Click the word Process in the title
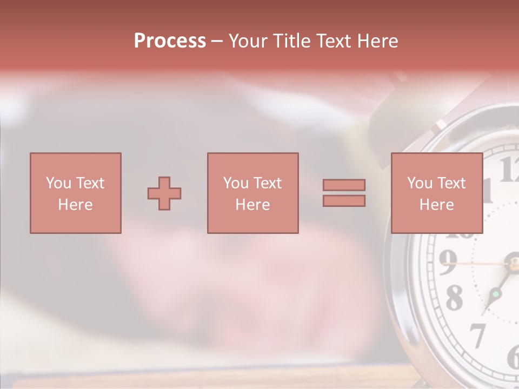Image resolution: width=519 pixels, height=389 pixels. point(170,41)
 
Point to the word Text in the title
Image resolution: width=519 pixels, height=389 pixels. point(334,41)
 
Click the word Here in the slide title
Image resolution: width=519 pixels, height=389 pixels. point(378,41)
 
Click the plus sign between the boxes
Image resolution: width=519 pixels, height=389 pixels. point(164,193)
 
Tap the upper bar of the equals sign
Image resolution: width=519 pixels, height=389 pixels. point(344,185)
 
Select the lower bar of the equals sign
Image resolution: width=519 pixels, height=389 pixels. point(344,201)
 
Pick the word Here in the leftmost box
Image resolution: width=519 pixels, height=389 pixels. point(75,205)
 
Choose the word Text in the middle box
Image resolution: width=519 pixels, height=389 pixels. point(268,183)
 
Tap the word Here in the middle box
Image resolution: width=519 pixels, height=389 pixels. point(252,205)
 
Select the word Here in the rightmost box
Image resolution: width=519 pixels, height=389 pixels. point(436,205)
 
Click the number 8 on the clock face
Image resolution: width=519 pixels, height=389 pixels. point(454,298)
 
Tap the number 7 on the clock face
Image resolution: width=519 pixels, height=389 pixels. point(477,335)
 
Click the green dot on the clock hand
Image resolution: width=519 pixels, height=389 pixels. point(495,294)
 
